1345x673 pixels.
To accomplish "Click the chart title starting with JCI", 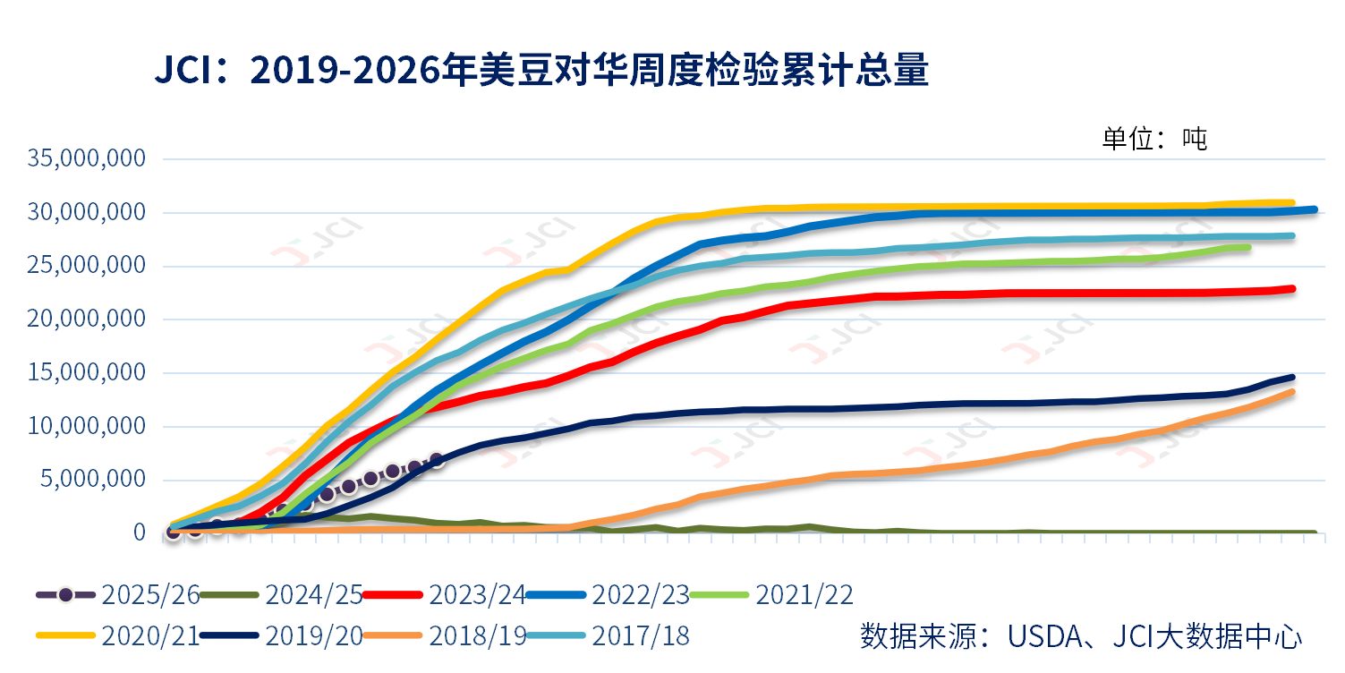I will coord(541,71).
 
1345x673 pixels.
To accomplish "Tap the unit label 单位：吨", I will coord(1153,139).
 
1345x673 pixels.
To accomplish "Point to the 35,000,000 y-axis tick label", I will coord(86,159).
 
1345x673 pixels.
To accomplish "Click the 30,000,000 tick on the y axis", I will coord(86,213).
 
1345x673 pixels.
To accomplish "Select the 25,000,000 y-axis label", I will coord(86,266).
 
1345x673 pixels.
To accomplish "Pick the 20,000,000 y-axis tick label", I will coord(86,319).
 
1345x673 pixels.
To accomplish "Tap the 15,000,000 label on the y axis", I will coord(86,372).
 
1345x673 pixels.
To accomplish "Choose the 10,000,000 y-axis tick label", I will coord(86,426).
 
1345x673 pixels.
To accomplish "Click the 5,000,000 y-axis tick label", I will coord(93,479).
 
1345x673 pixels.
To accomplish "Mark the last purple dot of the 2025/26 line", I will coord(437,460).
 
